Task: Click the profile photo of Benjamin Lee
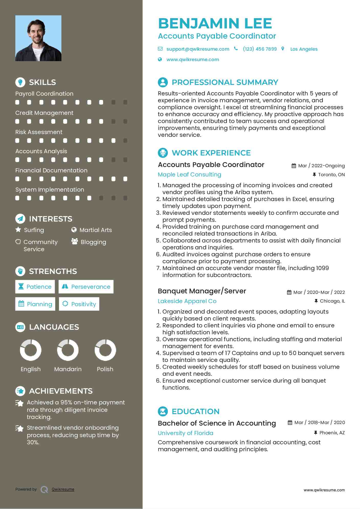38,38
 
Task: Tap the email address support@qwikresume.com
198,49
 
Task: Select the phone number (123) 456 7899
260,49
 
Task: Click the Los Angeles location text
304,49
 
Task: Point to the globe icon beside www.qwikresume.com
160,60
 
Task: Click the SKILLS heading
42,82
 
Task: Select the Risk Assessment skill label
39,132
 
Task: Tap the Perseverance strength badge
86,287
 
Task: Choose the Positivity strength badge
79,304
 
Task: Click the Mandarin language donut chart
68,350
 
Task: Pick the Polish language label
105,369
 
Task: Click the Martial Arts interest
95,230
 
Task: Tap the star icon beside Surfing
18,230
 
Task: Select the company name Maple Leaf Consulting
189,175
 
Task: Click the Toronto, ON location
331,175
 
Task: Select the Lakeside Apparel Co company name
187,301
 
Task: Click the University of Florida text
186,433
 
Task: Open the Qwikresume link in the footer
63,489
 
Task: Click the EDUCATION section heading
195,412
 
